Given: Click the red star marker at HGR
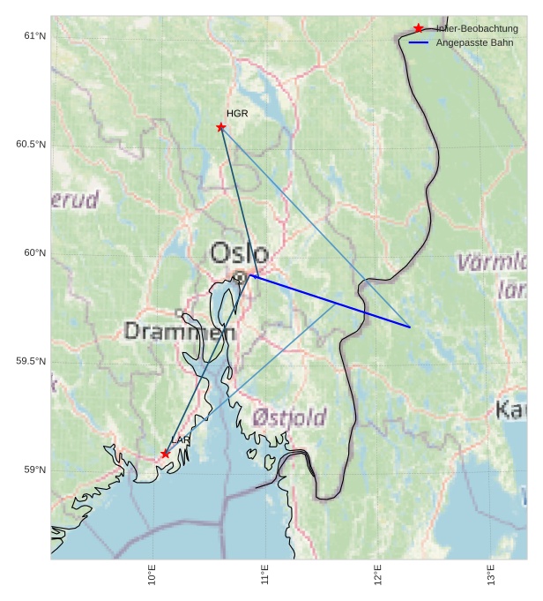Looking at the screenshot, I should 221,127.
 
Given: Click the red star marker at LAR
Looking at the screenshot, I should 166,454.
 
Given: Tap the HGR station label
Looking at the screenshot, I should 237,114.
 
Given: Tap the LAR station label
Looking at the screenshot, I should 181,440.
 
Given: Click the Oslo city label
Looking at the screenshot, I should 239,253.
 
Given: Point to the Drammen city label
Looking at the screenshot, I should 180,332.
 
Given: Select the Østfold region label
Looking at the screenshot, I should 289,417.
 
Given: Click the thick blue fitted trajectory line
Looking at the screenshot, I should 331,301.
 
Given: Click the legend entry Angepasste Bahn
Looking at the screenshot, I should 474,42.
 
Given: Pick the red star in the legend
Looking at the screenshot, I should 419,28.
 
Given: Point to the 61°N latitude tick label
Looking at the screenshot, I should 35,36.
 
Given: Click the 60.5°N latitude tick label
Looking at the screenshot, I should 31,145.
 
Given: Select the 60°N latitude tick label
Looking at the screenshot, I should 35,253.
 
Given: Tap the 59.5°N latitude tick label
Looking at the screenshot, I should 31,362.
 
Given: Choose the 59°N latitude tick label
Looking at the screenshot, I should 35,470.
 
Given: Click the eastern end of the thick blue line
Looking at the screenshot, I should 410,327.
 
